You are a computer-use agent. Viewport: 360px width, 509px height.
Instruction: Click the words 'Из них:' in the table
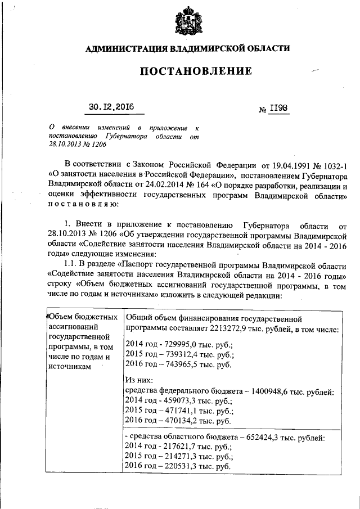[137, 381]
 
